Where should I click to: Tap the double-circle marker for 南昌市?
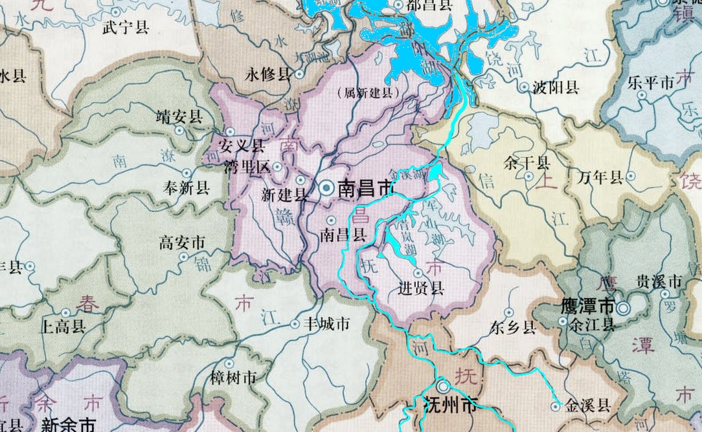coord(327,188)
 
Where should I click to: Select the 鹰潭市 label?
coord(586,305)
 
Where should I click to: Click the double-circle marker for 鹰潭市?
coord(623,308)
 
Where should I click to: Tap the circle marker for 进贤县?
coord(418,273)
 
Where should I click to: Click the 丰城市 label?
coord(327,323)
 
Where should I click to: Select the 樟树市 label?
coord(233,379)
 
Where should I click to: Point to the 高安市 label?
coord(182,243)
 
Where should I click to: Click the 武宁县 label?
coord(126,27)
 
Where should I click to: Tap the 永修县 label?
coord(268,74)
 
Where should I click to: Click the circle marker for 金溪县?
coord(555,406)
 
